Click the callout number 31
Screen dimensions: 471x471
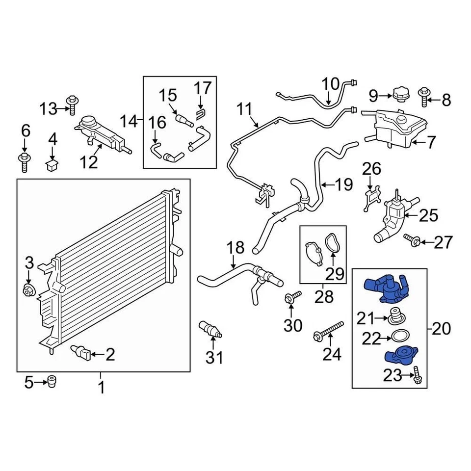click(x=214, y=358)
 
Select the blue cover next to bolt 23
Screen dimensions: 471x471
click(x=401, y=355)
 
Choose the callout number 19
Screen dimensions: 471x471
click(x=343, y=185)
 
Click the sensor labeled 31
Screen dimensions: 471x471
click(x=209, y=329)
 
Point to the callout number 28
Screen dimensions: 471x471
click(x=324, y=296)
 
